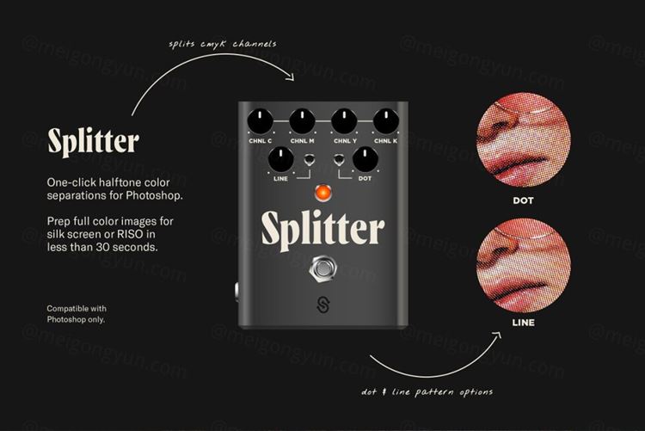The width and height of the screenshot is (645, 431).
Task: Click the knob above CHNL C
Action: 261,121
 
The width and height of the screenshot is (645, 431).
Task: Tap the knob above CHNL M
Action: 303,121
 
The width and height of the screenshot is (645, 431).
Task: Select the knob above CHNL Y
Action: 344,121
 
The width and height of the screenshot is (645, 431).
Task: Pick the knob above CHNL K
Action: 386,121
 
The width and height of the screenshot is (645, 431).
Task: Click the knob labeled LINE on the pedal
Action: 281,159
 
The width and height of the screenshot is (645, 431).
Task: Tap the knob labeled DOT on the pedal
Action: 365,159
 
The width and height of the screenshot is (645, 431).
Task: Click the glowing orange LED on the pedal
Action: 323,192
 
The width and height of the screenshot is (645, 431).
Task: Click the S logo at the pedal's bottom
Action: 323,305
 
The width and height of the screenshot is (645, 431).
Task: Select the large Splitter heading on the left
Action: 94,142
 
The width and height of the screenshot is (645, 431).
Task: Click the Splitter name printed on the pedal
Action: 323,230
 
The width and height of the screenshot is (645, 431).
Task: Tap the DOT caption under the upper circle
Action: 523,200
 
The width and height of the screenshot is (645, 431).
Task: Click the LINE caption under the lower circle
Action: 523,323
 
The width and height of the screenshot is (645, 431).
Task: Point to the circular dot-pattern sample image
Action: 523,141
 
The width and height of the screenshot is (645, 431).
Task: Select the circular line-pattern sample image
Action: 523,265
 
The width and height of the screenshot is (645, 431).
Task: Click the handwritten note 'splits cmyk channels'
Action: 223,44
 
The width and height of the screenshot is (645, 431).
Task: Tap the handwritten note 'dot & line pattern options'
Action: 427,392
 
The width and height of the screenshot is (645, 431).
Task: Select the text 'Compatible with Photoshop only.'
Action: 77,314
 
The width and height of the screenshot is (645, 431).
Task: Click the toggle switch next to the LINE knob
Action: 310,160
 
